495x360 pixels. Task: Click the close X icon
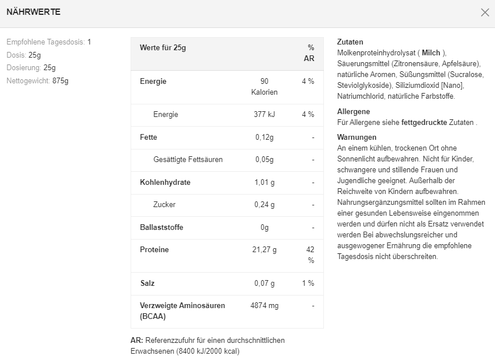(x=485, y=12)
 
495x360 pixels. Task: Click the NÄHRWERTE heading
(x=33, y=12)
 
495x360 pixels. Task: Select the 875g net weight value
(x=60, y=80)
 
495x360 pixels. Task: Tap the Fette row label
(x=148, y=137)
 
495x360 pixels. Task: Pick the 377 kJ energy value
(x=264, y=115)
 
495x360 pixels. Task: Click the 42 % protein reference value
(x=310, y=254)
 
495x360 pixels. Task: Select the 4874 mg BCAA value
(x=265, y=306)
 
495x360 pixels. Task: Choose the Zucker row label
(x=164, y=204)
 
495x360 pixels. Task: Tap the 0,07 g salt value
(x=264, y=283)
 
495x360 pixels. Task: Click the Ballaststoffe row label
(x=162, y=227)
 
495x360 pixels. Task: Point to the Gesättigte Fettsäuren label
(x=188, y=160)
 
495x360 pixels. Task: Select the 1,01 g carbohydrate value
(x=264, y=183)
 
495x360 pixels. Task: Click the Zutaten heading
(x=350, y=42)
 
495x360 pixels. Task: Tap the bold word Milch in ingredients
(x=431, y=53)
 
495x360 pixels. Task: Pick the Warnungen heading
(x=357, y=137)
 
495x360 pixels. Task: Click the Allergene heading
(x=354, y=112)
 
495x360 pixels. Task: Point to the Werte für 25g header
(x=163, y=47)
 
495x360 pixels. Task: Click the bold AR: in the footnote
(x=137, y=340)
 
